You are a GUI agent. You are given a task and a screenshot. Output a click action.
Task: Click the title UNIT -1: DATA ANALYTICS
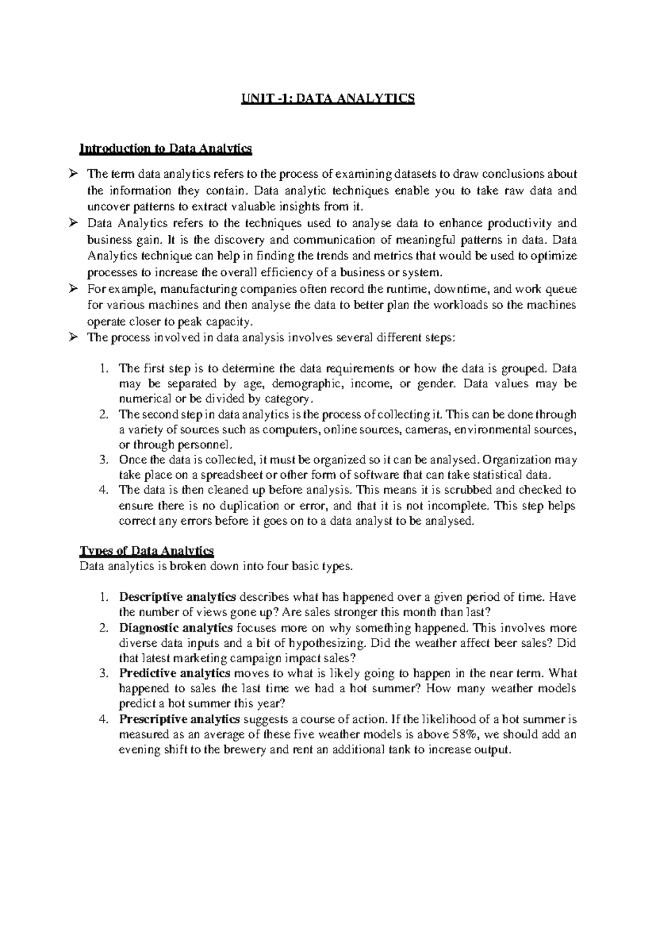328,98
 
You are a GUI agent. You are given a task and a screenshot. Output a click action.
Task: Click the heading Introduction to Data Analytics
166,148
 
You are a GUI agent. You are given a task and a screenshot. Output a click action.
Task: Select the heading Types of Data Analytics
147,550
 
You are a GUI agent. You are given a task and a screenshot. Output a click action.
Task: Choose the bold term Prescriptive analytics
179,719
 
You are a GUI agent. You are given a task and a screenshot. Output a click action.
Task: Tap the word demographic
308,384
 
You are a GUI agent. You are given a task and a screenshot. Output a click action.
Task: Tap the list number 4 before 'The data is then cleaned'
105,490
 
